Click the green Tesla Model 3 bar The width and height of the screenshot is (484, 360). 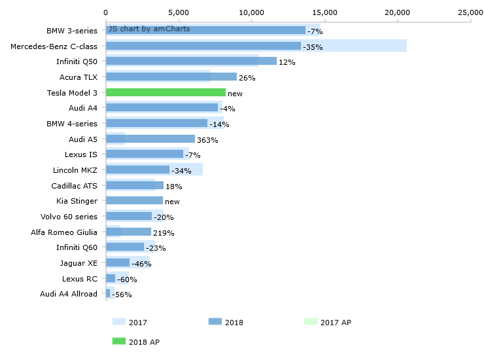point(165,93)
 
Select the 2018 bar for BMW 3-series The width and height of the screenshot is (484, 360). point(205,30)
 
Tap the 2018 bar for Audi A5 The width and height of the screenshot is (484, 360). point(150,139)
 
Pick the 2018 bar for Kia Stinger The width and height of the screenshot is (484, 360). point(134,201)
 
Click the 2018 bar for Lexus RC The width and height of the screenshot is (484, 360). point(111,278)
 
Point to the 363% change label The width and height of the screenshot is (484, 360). point(207,140)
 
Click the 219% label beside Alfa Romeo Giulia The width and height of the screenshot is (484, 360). point(164,233)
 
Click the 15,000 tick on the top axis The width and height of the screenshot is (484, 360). point(324,12)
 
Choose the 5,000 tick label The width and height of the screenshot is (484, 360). point(179,12)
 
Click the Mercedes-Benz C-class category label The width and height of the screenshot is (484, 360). point(54,46)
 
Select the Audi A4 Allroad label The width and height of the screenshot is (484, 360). point(68,294)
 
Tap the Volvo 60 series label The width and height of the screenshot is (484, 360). point(69,217)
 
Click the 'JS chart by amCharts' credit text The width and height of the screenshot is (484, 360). point(149,29)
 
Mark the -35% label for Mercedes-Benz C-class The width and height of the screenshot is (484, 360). point(313,47)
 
